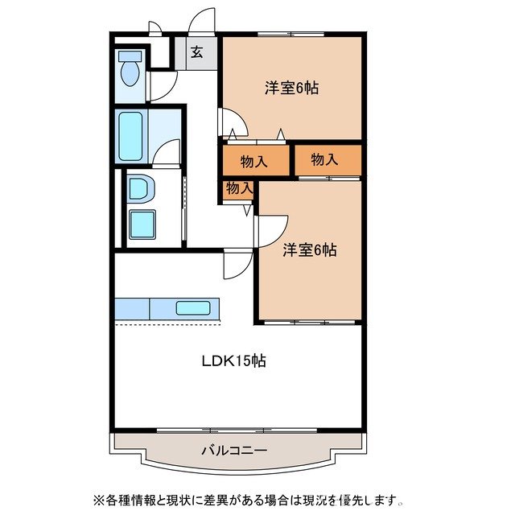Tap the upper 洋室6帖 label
pos(291,88)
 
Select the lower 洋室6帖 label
pos(309,250)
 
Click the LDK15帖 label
pos(233,361)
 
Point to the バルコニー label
pos(234,450)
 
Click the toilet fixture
pos(130,70)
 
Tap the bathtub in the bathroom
pos(130,136)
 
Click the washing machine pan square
pos(142,225)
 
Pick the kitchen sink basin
pos(192,307)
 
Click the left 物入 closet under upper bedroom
pos(254,161)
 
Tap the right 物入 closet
pos(325,159)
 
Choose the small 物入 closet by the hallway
pos(239,188)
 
